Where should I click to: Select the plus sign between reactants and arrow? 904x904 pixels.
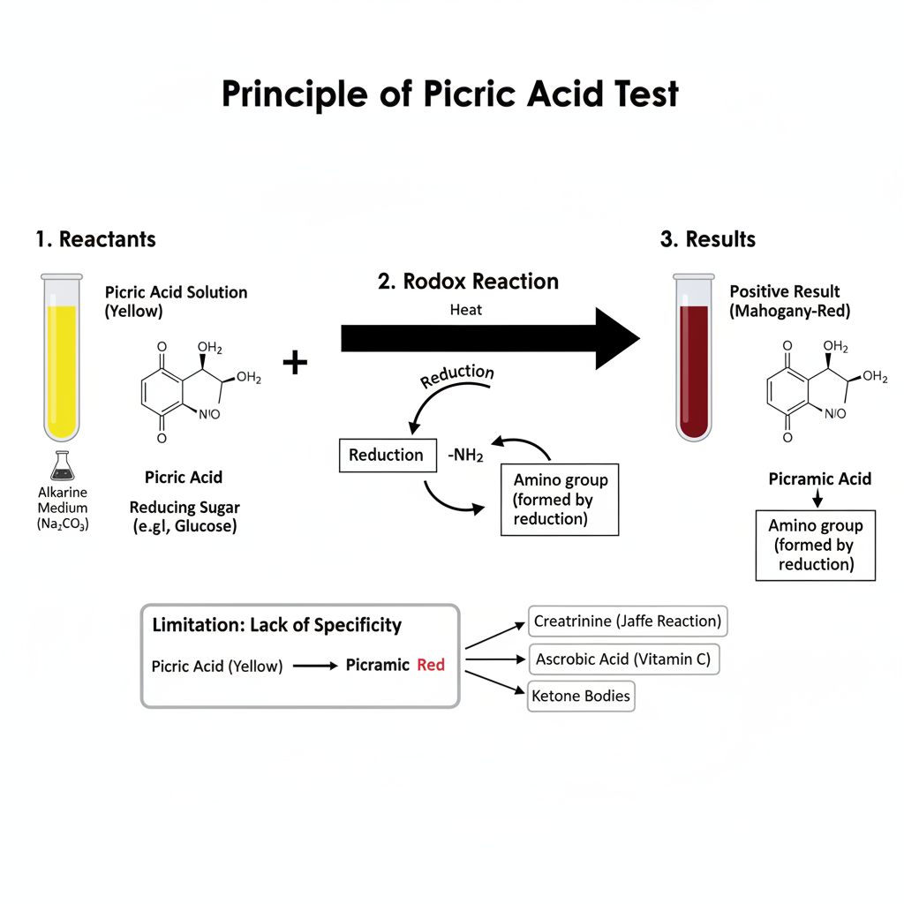(294, 362)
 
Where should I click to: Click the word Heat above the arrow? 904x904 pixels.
(466, 310)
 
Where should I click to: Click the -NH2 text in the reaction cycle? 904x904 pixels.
(465, 455)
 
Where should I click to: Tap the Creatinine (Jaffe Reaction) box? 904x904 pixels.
(627, 621)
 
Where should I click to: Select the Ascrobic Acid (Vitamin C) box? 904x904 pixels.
(623, 659)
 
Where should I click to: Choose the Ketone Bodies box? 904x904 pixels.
(581, 696)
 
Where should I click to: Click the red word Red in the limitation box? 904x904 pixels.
(431, 665)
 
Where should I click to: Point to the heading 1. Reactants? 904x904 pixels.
(95, 239)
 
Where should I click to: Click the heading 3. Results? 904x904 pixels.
(708, 239)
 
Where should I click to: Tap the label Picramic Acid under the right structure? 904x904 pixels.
(820, 479)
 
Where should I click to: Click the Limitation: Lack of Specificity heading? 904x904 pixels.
(277, 626)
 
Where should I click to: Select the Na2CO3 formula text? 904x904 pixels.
(62, 524)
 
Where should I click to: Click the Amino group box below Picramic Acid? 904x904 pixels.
(816, 545)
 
